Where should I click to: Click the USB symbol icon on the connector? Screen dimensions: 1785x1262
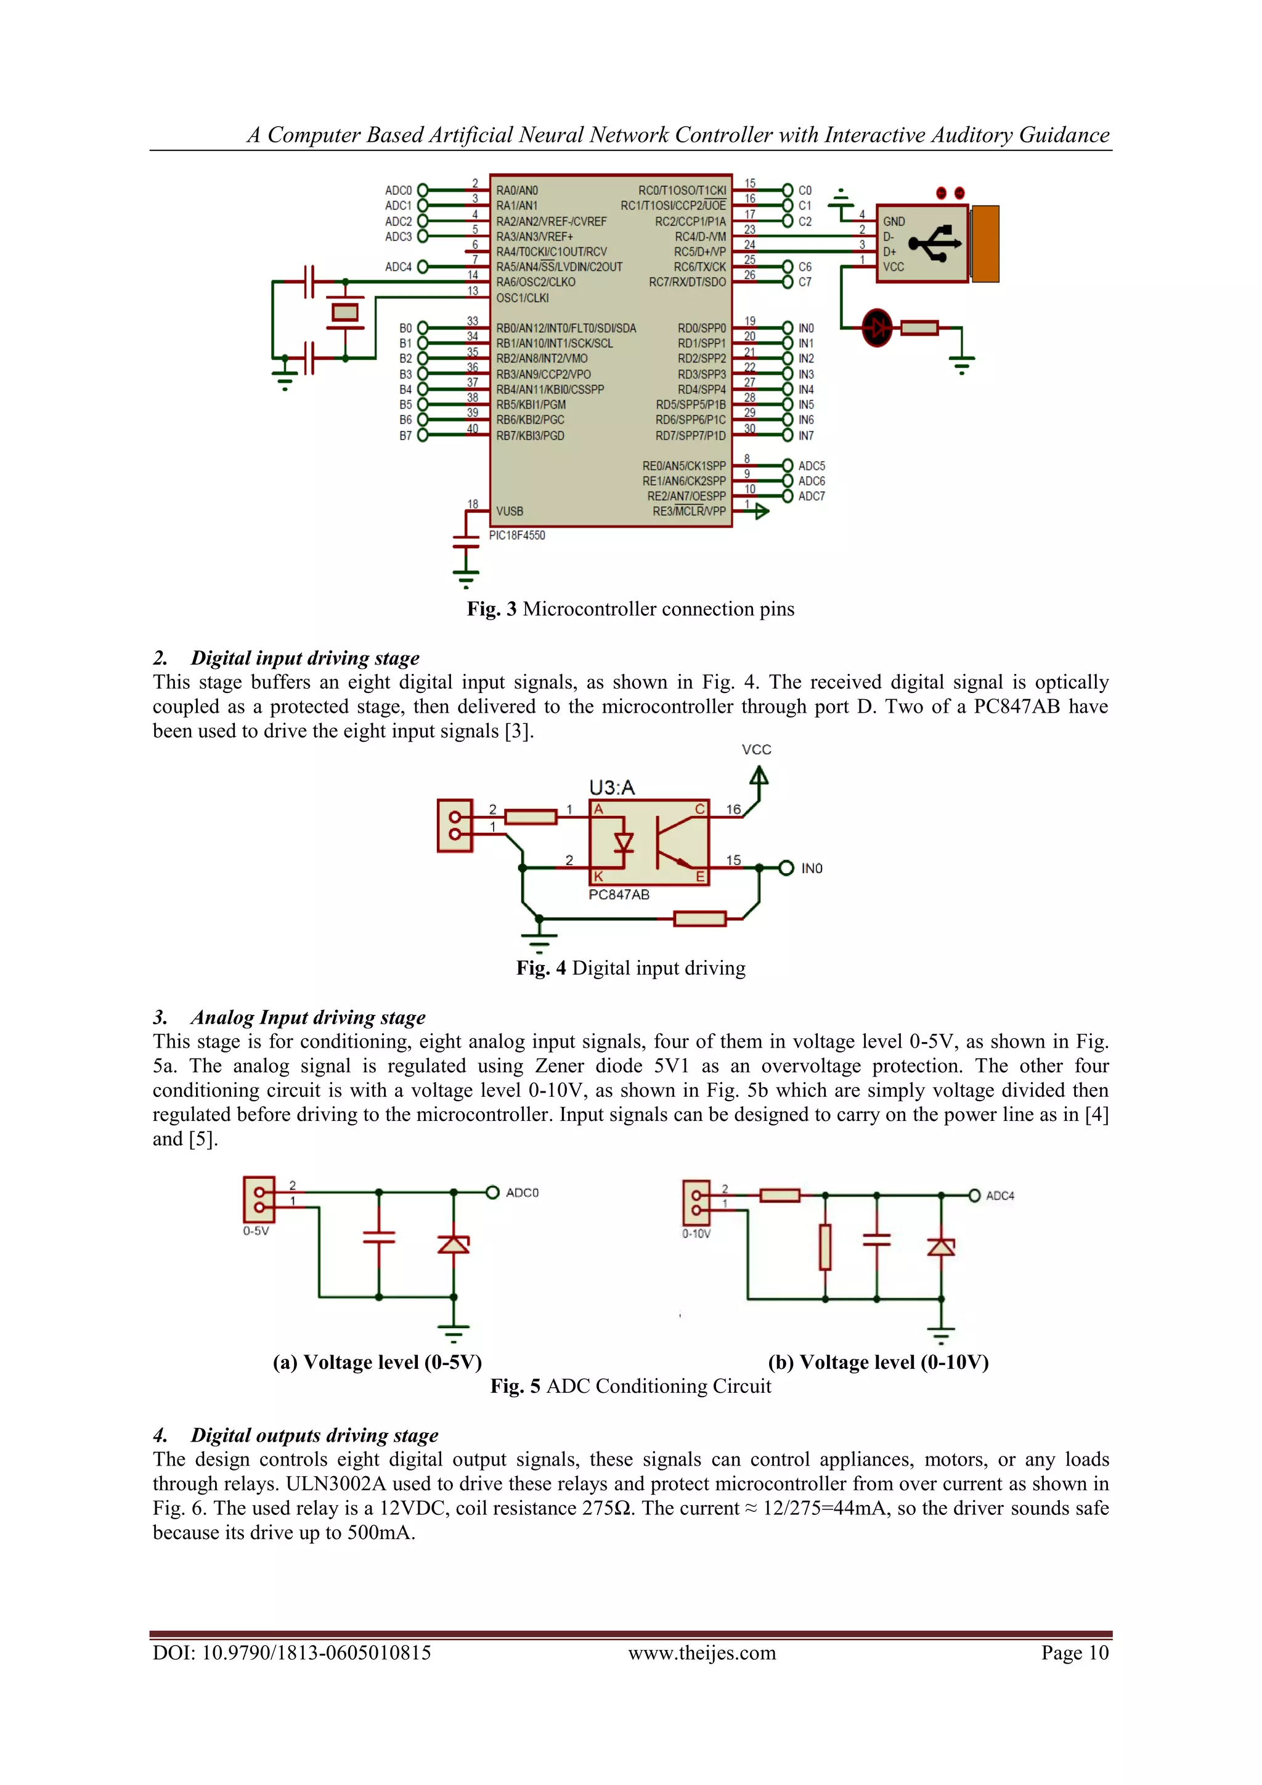(x=937, y=244)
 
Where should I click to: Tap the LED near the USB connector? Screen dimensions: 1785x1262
(x=878, y=327)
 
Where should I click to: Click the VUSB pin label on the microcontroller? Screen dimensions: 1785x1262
(x=510, y=512)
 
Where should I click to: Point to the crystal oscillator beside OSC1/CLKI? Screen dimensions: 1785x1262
(x=345, y=313)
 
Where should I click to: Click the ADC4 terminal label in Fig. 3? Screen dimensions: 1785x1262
(x=398, y=266)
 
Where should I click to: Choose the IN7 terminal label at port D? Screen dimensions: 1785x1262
(x=806, y=435)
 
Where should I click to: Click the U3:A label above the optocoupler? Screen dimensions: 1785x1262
(x=611, y=787)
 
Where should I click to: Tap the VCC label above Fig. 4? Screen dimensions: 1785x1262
(x=756, y=749)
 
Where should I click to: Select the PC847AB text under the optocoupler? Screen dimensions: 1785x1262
(x=619, y=895)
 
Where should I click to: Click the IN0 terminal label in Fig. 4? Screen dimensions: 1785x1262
(x=812, y=868)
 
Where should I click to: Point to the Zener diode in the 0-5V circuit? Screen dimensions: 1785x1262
(x=454, y=1245)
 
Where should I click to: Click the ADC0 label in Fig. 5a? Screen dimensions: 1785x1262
(x=522, y=1192)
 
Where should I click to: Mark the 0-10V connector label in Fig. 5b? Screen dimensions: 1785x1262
(x=696, y=1234)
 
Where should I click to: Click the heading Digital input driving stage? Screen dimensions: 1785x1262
(x=304, y=658)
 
